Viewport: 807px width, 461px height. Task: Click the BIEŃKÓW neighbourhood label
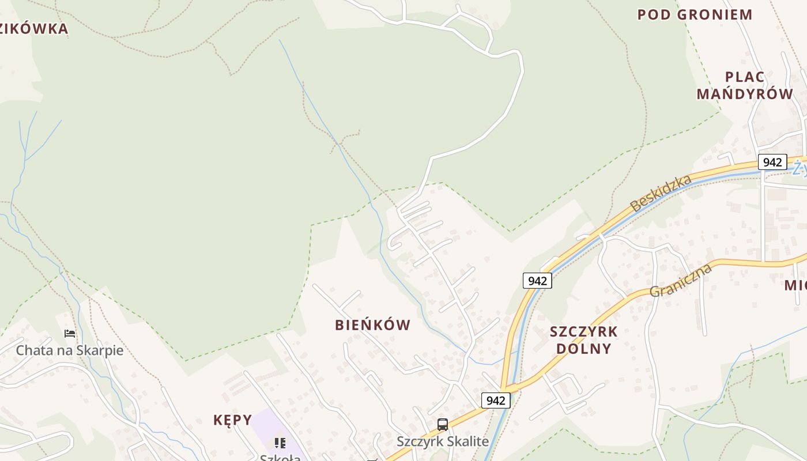tap(373, 325)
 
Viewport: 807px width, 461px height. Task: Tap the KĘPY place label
tap(233, 420)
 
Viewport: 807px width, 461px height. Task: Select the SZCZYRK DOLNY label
tap(583, 340)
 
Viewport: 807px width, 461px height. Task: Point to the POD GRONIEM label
tap(695, 14)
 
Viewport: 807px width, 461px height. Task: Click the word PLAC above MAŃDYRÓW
tap(745, 77)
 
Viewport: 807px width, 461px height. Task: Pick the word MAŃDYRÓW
tap(745, 94)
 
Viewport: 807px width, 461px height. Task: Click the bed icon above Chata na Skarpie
tap(70, 334)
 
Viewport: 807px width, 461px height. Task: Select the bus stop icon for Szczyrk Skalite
tap(443, 425)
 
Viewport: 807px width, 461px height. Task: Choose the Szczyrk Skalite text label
tap(443, 442)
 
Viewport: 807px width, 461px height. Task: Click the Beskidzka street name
tap(661, 193)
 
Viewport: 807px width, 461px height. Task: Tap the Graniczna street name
tap(681, 280)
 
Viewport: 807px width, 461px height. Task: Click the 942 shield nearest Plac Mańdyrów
tap(772, 162)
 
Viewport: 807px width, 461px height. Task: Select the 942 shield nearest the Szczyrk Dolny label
tap(537, 281)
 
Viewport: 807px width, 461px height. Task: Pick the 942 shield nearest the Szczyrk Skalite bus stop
tap(496, 400)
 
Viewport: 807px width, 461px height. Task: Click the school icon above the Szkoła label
tap(280, 443)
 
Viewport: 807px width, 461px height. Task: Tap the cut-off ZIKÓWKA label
tap(34, 29)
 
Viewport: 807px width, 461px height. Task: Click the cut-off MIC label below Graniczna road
tap(795, 285)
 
